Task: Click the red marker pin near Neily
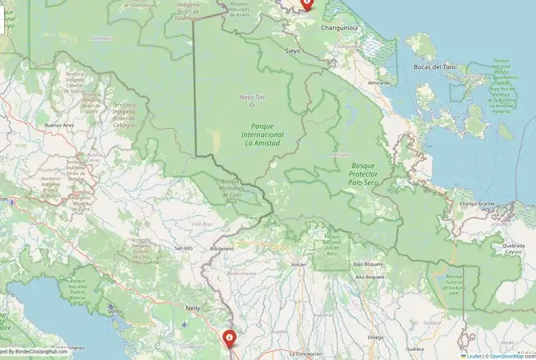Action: tap(230, 339)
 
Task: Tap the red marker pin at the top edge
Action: tap(306, 3)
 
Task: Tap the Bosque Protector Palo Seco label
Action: tap(368, 174)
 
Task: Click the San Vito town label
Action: tap(183, 249)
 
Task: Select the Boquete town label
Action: tap(322, 314)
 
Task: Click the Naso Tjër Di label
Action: tap(252, 100)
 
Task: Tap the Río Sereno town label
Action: tap(220, 249)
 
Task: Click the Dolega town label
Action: tap(374, 338)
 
